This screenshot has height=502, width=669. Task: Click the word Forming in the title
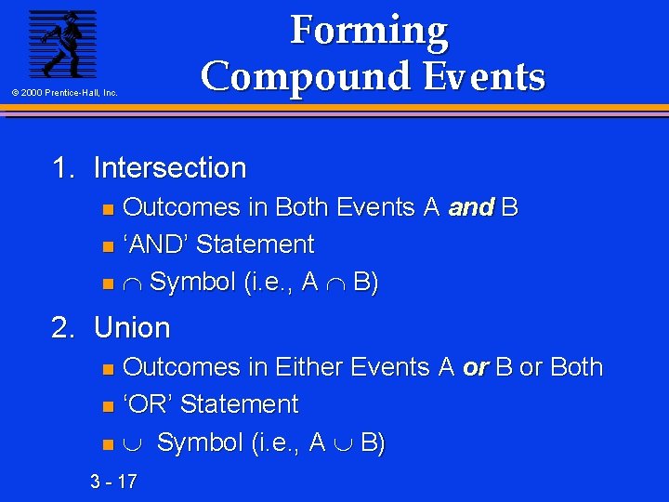tap(369, 31)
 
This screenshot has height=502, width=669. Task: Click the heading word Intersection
tap(170, 168)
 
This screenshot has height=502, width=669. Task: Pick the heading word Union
tap(132, 328)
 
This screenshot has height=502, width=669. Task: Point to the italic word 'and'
tap(470, 207)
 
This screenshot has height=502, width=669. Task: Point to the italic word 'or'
tap(475, 367)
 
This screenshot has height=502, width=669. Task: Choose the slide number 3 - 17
tap(113, 481)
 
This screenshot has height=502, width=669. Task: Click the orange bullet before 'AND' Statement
tap(107, 246)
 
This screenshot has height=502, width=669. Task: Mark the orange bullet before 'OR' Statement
tap(107, 406)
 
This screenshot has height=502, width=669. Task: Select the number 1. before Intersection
tap(66, 168)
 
